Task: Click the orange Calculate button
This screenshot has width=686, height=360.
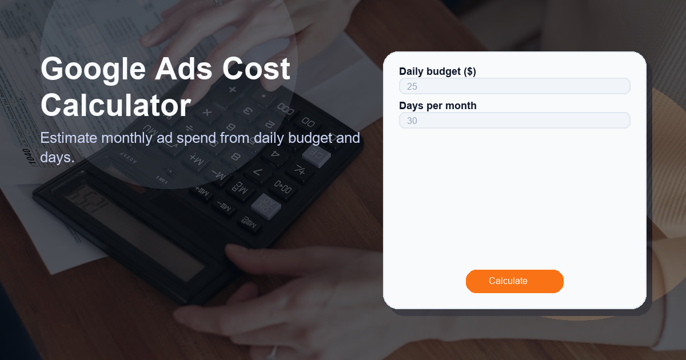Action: [x=514, y=281]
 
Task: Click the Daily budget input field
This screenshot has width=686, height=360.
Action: [x=514, y=86]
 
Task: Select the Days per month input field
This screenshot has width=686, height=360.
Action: [x=514, y=121]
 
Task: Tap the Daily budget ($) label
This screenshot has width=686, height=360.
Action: [x=437, y=71]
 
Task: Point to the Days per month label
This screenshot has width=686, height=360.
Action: [x=437, y=106]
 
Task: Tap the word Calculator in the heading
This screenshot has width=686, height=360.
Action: [x=115, y=106]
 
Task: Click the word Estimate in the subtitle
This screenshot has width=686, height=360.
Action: [x=69, y=138]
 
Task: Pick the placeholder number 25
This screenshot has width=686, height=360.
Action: [x=412, y=87]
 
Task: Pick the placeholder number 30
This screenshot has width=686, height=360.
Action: [x=412, y=121]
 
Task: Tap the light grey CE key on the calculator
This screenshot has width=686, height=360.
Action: [x=317, y=154]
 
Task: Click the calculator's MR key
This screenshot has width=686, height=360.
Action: [x=240, y=188]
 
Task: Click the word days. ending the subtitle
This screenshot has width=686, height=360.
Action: [x=57, y=157]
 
